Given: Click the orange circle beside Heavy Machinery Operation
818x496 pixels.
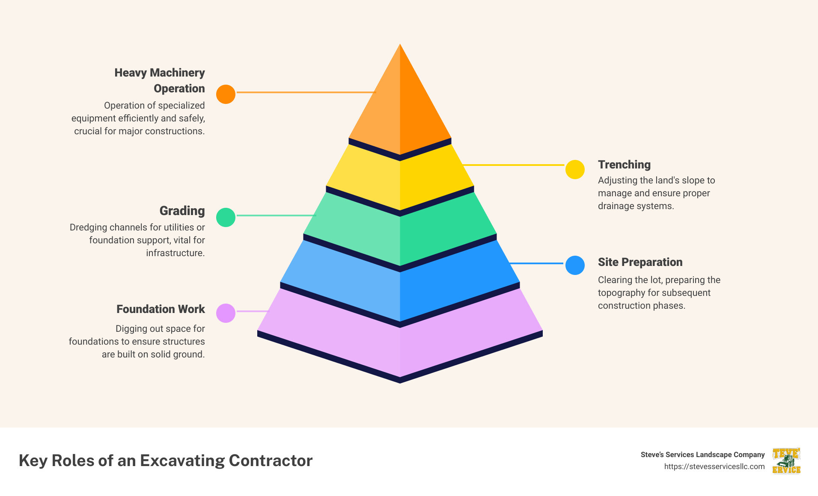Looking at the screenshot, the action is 226,94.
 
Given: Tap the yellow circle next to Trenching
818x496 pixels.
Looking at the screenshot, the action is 575,169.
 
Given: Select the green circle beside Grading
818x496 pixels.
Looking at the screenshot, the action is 226,217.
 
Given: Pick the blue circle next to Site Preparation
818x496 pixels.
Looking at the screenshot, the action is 575,265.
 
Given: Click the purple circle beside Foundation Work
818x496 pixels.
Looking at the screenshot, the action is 226,313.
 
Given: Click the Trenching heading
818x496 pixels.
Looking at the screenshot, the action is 624,165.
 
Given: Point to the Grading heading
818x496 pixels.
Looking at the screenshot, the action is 182,211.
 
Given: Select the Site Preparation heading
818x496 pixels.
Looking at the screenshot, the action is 640,262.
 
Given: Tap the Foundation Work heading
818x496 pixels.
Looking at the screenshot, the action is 161,309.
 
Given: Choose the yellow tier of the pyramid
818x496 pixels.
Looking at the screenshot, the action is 400,180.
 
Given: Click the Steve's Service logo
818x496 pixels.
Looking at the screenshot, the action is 786,461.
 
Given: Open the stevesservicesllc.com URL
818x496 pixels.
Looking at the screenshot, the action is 714,466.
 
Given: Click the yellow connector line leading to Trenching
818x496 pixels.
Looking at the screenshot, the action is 514,165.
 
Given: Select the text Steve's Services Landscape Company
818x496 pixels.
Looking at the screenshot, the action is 702,455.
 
